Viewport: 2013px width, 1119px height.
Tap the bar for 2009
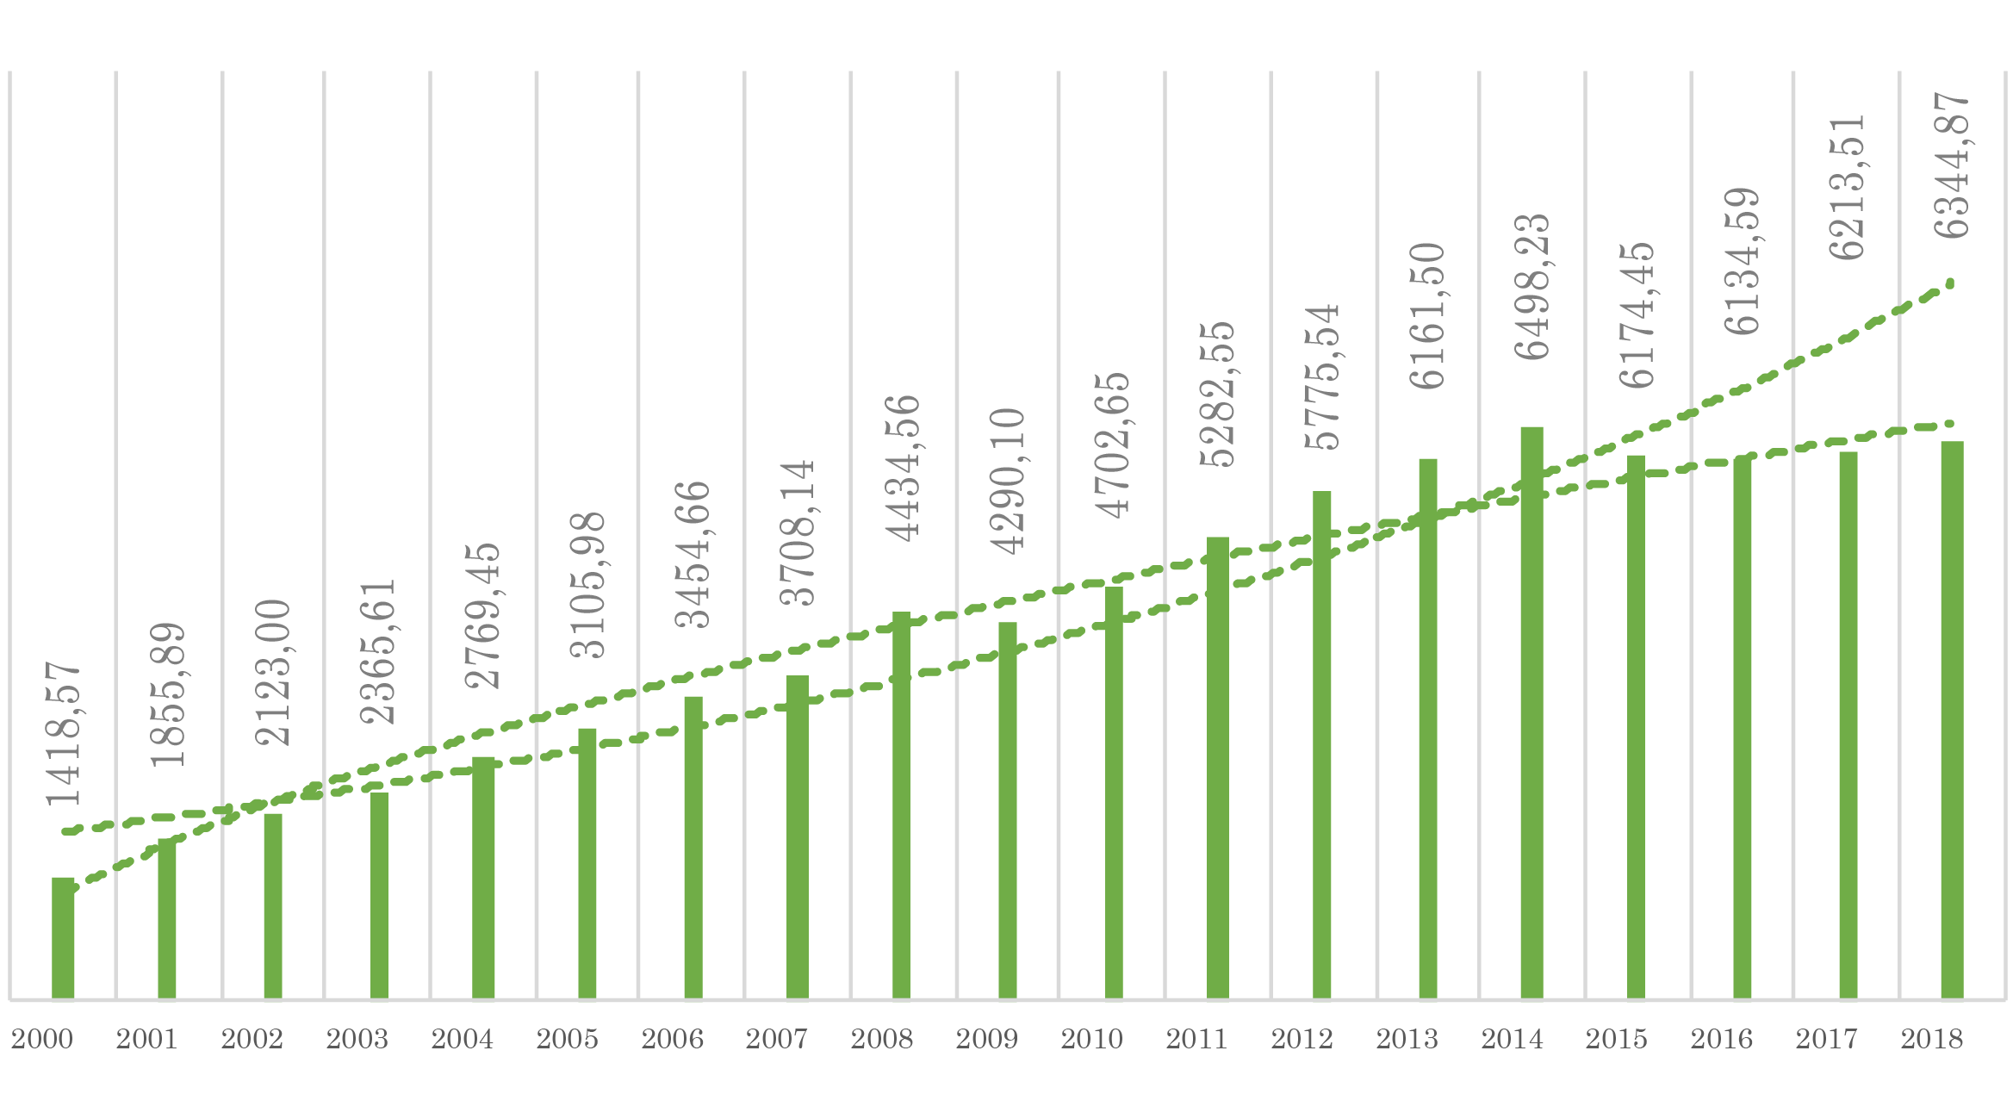[1007, 810]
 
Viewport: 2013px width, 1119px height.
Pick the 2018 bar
[1952, 719]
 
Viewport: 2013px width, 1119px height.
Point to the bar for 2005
[587, 862]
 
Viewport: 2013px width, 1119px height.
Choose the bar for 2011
[1217, 767]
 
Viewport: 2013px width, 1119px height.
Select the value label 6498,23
[1532, 287]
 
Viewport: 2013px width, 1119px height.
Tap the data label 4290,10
[1007, 481]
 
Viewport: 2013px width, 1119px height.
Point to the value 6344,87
[1952, 165]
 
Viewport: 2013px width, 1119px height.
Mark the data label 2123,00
[273, 672]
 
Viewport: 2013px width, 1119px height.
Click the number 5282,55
[1217, 395]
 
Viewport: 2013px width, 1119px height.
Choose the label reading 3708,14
[798, 532]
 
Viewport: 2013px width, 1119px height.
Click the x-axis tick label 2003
[357, 1040]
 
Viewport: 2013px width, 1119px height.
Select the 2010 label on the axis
[1091, 1040]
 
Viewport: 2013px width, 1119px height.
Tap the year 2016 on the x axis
[1721, 1040]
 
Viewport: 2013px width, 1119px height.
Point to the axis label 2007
[776, 1040]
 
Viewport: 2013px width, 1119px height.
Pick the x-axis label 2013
[1407, 1040]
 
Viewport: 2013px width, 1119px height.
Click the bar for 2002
[273, 905]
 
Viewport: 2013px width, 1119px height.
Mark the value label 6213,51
[1848, 187]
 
